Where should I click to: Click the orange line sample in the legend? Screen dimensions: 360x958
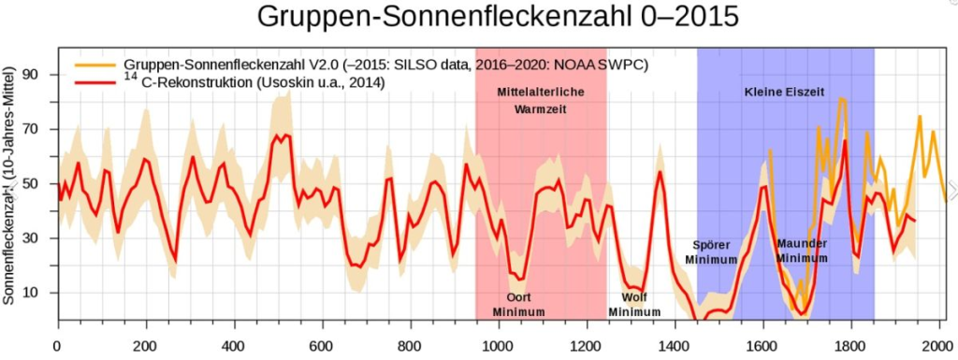pyautogui.click(x=92, y=64)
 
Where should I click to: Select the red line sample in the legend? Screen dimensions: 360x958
pyautogui.click(x=92, y=83)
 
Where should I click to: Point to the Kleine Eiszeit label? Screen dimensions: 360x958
pyautogui.click(x=785, y=93)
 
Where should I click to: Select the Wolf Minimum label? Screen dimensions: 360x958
pyautogui.click(x=634, y=304)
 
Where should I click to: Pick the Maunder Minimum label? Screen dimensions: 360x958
pyautogui.click(x=803, y=251)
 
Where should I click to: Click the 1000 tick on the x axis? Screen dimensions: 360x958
pyautogui.click(x=498, y=343)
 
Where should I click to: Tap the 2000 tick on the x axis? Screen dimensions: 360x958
pyautogui.click(x=938, y=343)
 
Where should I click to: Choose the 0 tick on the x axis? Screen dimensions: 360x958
pyautogui.click(x=58, y=343)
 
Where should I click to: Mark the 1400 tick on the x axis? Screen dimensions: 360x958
pyautogui.click(x=675, y=343)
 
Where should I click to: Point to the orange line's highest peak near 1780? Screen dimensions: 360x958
pyautogui.click(x=842, y=97)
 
